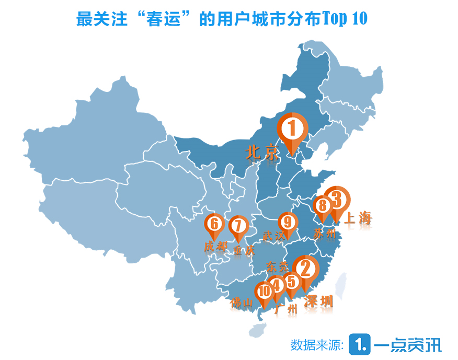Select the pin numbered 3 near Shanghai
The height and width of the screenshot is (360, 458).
[336, 200]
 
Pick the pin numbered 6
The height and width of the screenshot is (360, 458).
[214, 225]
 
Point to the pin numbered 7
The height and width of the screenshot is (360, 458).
[238, 227]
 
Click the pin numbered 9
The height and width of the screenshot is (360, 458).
[288, 222]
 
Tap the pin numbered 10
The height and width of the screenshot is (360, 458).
[264, 291]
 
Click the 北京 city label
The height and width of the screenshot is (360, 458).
[261, 153]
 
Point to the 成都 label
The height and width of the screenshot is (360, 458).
[215, 246]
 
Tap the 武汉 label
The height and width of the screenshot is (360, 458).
[274, 236]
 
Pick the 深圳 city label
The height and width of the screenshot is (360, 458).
[318, 301]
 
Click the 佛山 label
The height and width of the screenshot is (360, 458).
[242, 303]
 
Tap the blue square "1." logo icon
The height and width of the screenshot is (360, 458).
[360, 344]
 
